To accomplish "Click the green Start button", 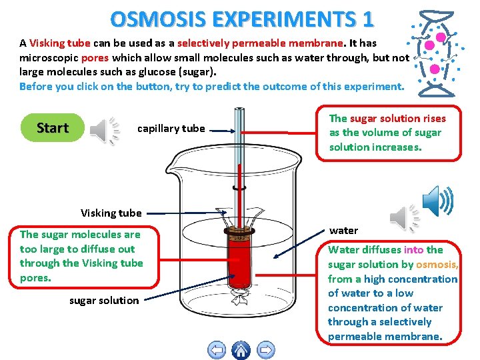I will pyautogui.click(x=53, y=128).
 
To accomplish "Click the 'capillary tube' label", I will pyautogui.click(x=171, y=129).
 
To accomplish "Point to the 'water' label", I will pyautogui.click(x=343, y=231).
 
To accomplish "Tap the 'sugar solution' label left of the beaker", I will pyautogui.click(x=104, y=301).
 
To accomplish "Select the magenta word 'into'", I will pyautogui.click(x=413, y=250).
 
